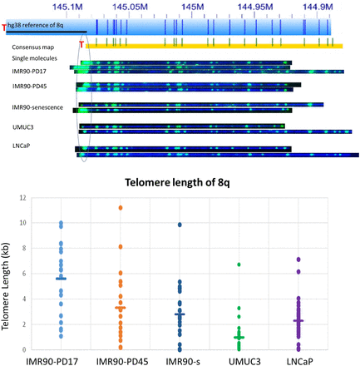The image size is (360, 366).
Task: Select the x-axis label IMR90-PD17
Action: [59, 359]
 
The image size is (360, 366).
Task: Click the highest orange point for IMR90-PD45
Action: [120, 208]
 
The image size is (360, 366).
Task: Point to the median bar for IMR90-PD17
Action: [60, 279]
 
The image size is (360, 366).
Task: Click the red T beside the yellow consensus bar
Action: [81, 45]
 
